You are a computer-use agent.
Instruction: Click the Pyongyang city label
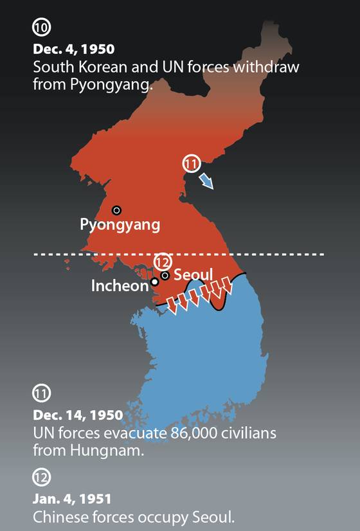[x=120, y=224]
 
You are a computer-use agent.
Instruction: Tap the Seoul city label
[x=193, y=276]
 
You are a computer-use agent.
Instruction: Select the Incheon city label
[x=120, y=286]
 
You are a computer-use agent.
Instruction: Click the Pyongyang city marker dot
[x=116, y=210]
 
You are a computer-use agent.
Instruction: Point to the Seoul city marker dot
[x=165, y=276]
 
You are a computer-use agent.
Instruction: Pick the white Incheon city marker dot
[x=154, y=282]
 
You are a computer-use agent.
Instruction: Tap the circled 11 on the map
[x=191, y=164]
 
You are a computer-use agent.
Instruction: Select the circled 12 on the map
[x=163, y=262]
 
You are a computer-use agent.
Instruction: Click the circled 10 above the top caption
[x=41, y=28]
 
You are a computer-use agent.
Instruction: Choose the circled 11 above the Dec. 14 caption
[x=41, y=393]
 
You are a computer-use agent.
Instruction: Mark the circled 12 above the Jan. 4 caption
[x=41, y=477]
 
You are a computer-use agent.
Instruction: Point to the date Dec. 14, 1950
[x=77, y=414]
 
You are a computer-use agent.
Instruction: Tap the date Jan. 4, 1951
[x=72, y=498]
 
